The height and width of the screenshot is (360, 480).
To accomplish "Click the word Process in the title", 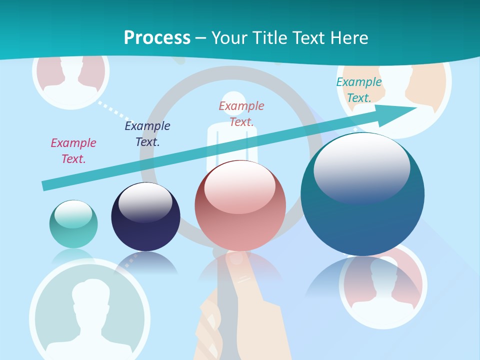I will (157, 37).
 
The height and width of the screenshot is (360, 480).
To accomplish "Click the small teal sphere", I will (73, 224).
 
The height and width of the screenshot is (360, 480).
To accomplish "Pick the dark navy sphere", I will (145, 217).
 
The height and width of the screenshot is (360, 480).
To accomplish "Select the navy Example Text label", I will (147, 134).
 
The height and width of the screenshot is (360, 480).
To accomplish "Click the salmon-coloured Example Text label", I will (241, 113).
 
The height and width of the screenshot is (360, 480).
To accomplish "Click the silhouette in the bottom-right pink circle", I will (382, 285).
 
